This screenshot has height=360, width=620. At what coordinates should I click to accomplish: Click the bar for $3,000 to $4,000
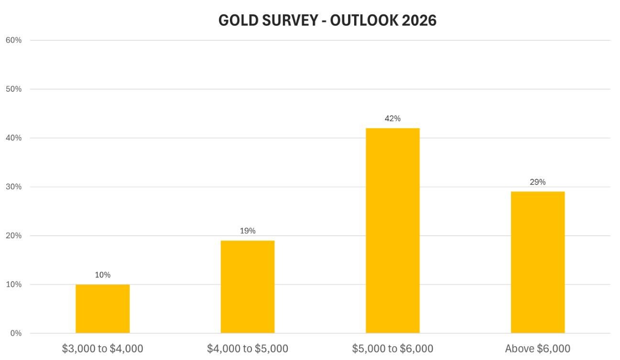102,309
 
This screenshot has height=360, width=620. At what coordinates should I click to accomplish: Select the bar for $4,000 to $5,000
247,287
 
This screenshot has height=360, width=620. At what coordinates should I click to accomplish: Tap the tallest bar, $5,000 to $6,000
392,230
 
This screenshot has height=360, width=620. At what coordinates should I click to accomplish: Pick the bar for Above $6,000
537,262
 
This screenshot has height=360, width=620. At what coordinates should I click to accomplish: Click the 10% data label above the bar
102,275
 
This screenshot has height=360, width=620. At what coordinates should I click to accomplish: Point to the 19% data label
247,231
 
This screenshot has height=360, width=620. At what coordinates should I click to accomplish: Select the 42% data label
392,119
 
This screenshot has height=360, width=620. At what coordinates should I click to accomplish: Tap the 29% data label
537,182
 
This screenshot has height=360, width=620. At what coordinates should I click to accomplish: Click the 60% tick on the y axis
13,40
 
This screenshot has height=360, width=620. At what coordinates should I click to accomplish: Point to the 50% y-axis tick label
13,89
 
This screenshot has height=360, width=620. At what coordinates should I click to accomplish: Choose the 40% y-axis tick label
13,138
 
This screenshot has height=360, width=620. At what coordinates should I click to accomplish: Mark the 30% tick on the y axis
13,187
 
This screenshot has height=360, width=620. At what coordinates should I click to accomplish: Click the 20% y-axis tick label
13,236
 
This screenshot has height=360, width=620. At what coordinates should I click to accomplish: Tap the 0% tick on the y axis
15,333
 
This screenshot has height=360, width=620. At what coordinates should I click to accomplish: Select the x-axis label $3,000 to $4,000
102,349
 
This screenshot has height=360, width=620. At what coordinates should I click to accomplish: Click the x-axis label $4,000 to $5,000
247,349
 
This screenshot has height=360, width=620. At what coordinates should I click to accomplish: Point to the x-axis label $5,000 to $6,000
392,349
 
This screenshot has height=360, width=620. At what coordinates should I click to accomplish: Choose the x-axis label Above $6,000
537,349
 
